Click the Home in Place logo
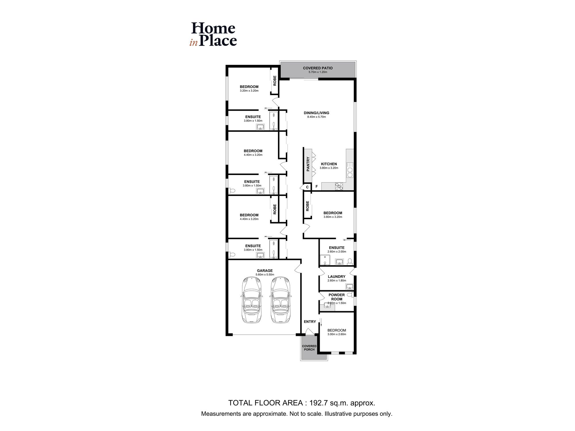tap(213, 34)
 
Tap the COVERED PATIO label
tap(318, 68)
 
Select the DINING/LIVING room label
tap(316, 113)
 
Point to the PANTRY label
tap(308, 164)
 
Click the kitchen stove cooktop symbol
tap(339, 186)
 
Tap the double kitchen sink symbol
tap(350, 170)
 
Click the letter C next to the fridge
tap(307, 187)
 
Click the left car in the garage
tap(252, 299)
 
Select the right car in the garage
tap(280, 299)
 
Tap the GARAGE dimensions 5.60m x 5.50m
tap(265, 275)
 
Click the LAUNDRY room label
tap(336, 276)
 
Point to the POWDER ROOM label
tap(336, 297)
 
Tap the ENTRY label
tap(310, 322)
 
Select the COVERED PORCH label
tap(309, 348)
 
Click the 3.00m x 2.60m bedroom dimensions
tap(337, 334)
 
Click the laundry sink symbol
tap(349, 286)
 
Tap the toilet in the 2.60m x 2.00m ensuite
tap(350, 261)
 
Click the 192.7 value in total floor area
tap(318, 403)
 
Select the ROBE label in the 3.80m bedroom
tap(307, 206)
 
